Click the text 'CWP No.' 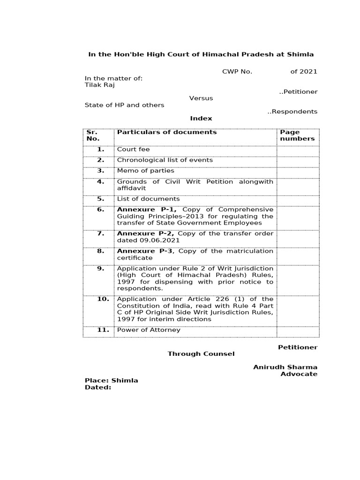pyautogui.click(x=237, y=72)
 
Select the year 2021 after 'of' pyautogui.click(x=309, y=72)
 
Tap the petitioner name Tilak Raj pyautogui.click(x=99, y=85)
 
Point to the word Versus pyautogui.click(x=201, y=98)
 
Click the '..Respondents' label pyautogui.click(x=292, y=112)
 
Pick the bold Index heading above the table pyautogui.click(x=201, y=119)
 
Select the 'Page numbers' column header pyautogui.click(x=297, y=135)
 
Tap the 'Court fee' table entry pyautogui.click(x=134, y=150)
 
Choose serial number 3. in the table pyautogui.click(x=100, y=171)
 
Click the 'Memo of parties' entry pyautogui.click(x=145, y=171)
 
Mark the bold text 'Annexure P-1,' pyautogui.click(x=147, y=210)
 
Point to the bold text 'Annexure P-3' pyautogui.click(x=145, y=251)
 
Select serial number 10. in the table pyautogui.click(x=103, y=299)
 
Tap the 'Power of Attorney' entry pyautogui.click(x=149, y=330)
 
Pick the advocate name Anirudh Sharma pyautogui.click(x=285, y=367)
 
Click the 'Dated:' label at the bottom pyautogui.click(x=97, y=388)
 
